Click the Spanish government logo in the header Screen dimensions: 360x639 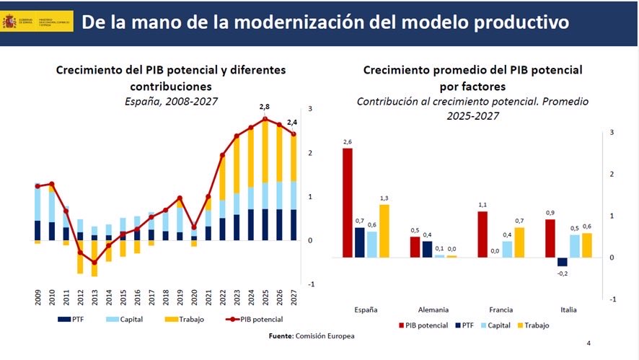(36, 21)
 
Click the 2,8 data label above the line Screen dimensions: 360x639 (265, 107)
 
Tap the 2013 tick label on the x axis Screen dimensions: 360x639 (94, 297)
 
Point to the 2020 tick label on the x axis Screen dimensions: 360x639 (194, 297)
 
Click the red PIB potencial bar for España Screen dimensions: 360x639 (348, 203)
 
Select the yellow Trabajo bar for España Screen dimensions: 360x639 (384, 231)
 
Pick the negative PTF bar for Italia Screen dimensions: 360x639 (563, 262)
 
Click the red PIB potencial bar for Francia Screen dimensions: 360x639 (482, 234)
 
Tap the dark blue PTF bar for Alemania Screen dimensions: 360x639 (427, 249)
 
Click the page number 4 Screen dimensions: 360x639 (589, 343)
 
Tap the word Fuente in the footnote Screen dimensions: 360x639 (281, 335)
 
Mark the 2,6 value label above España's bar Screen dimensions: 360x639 (348, 142)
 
